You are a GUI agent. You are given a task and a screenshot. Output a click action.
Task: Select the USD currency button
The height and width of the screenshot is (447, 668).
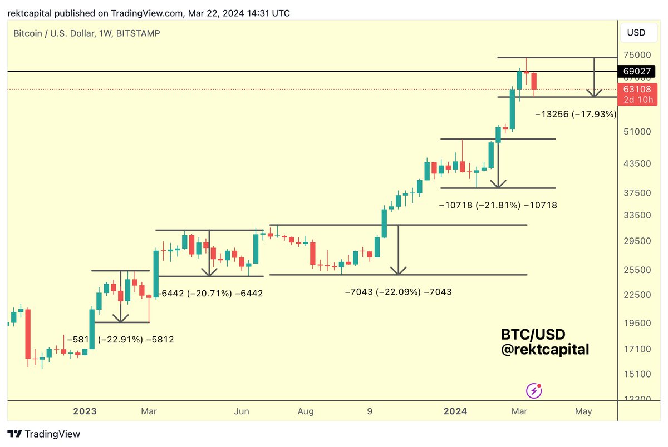click(636, 32)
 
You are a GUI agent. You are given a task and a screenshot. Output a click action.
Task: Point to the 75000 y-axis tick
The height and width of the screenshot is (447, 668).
click(637, 55)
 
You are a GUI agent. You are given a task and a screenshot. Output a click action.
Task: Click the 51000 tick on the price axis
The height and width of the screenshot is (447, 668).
click(637, 132)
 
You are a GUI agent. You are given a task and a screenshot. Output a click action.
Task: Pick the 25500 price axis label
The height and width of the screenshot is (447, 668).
click(637, 270)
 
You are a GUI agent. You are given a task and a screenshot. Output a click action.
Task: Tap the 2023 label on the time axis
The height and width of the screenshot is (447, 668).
click(85, 411)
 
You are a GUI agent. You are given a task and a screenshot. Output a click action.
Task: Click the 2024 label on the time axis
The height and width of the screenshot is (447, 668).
click(455, 411)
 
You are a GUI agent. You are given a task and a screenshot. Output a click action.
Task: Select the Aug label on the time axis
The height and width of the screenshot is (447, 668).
click(305, 411)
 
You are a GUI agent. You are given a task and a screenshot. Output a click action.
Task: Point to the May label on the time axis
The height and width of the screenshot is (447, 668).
click(583, 411)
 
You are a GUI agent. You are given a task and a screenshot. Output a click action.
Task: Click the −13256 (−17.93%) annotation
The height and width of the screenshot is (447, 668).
click(576, 115)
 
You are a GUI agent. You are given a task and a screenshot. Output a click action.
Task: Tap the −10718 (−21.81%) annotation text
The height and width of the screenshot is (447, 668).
click(498, 205)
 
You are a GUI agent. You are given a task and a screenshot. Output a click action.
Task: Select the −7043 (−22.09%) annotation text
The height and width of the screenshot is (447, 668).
click(398, 291)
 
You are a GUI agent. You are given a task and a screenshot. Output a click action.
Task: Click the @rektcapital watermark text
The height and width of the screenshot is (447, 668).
click(545, 349)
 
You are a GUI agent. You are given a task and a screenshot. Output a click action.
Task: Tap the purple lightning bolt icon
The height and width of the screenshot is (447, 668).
click(534, 390)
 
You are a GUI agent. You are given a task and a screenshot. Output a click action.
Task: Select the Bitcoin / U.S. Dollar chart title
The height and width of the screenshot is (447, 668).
click(86, 33)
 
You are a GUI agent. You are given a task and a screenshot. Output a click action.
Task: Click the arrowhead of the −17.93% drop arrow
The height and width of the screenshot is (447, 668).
click(595, 93)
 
